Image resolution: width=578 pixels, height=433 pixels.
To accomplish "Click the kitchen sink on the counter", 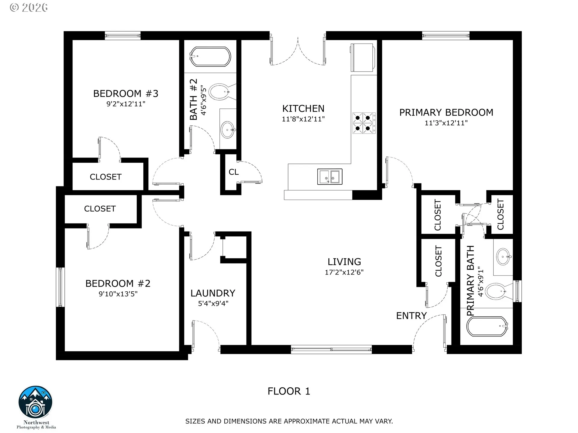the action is (x=330, y=177).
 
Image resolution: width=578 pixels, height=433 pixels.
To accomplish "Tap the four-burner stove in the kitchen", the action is (x=364, y=123).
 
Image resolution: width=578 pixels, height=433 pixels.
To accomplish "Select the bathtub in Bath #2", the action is (x=210, y=57).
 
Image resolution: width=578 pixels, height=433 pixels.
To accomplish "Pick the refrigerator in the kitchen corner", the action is (x=363, y=57).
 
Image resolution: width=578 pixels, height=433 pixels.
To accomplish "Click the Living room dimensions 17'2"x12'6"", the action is (x=344, y=272).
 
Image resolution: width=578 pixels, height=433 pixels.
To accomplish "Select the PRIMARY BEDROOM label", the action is (x=446, y=112).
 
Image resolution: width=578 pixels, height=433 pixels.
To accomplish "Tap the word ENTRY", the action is (x=411, y=316).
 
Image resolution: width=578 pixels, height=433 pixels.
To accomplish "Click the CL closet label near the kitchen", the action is (x=234, y=172).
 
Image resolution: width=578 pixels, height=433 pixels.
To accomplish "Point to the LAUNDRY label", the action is (x=213, y=293).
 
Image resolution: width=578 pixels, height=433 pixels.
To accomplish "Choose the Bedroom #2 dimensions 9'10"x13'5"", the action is (x=118, y=294).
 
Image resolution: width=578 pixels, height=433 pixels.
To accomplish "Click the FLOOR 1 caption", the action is (x=289, y=391).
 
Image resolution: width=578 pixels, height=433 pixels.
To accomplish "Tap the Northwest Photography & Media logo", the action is (x=36, y=407).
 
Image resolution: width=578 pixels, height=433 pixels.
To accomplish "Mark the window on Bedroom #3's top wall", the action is (x=123, y=36).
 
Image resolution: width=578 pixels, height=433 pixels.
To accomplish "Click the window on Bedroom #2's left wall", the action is (x=61, y=287).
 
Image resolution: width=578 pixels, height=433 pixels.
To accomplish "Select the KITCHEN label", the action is (x=303, y=109).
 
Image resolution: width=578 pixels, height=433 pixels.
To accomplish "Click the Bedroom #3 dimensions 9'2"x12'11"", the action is (x=126, y=104).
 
